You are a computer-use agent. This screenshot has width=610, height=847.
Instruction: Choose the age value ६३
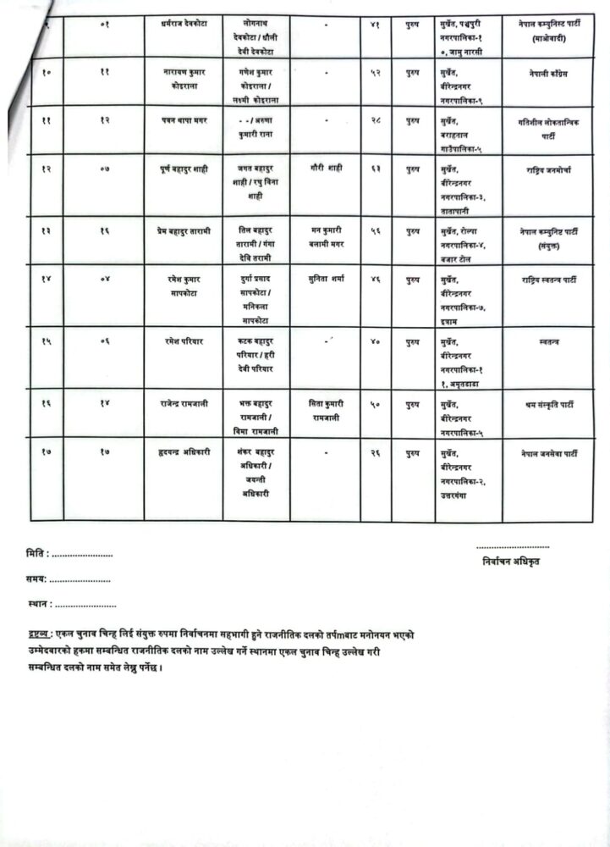tap(374, 169)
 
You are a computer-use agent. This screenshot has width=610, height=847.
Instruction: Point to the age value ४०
tap(374, 340)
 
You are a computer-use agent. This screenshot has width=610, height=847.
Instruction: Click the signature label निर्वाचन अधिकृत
tap(512, 561)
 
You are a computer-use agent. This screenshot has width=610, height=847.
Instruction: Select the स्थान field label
tap(39, 605)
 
